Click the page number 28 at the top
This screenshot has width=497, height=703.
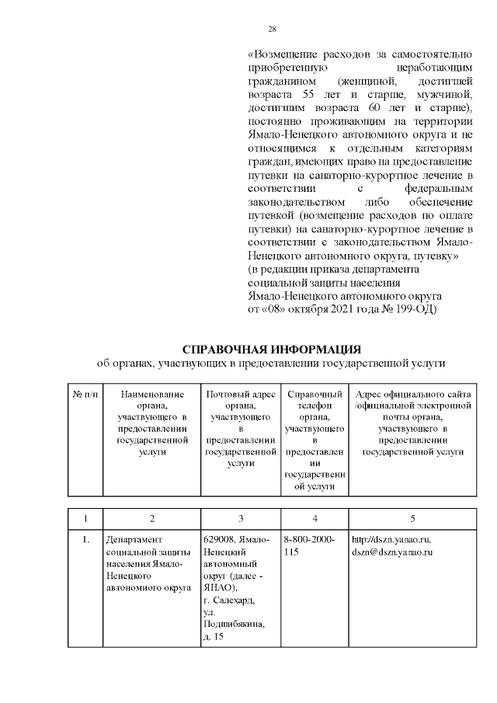tap(272, 29)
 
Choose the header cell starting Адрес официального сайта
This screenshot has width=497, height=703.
tap(412, 423)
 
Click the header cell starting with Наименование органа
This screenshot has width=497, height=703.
tap(151, 423)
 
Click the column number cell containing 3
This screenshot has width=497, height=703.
tap(240, 518)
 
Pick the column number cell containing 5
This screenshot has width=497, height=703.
tap(412, 518)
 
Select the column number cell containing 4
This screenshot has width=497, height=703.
tap(314, 518)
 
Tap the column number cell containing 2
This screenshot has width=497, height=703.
tap(151, 518)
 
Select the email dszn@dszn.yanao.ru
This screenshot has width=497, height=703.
tap(391, 552)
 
